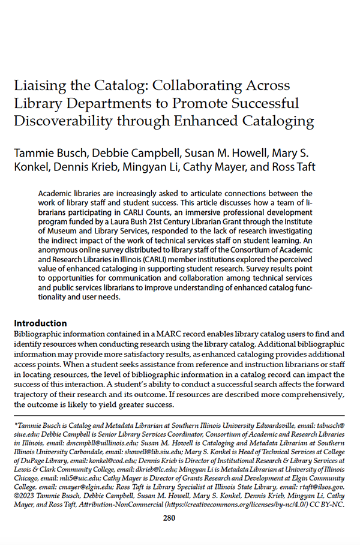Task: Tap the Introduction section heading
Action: [40, 323]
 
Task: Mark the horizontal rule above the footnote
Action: [179, 415]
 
